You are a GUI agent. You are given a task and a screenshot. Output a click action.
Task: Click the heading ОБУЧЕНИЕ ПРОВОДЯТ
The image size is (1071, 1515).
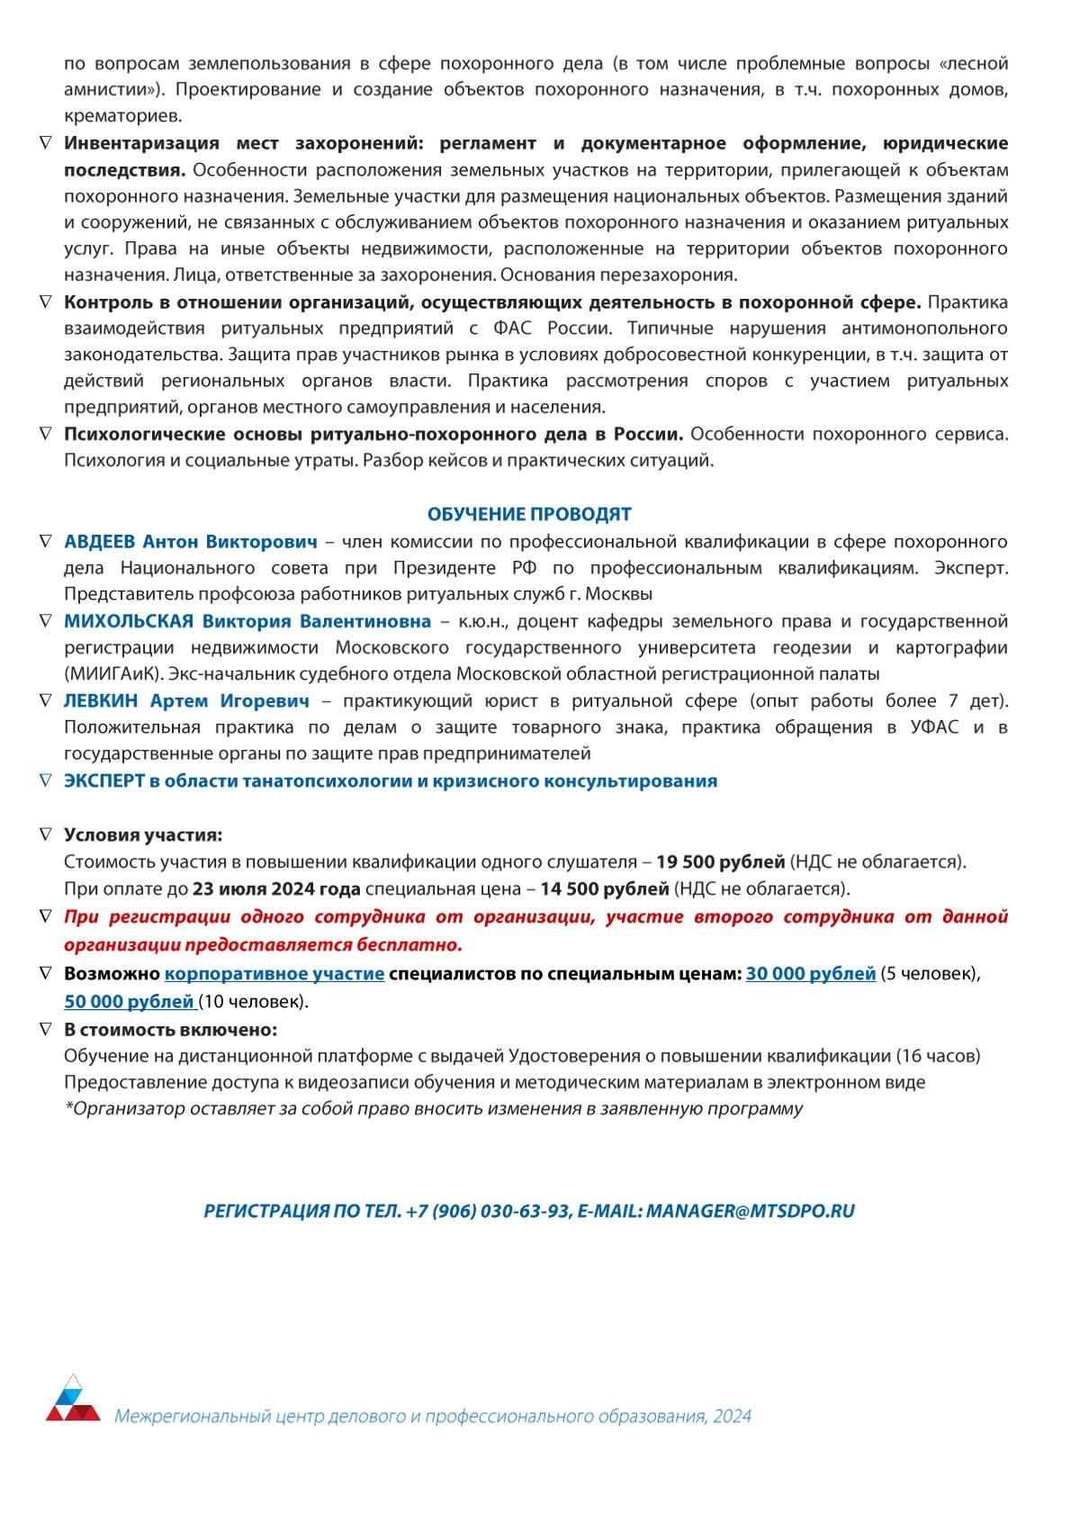[x=529, y=514]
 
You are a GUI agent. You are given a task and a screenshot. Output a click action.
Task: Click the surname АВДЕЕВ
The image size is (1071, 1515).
[x=100, y=542]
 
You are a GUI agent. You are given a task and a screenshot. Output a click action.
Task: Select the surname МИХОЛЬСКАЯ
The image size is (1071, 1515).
[x=129, y=621]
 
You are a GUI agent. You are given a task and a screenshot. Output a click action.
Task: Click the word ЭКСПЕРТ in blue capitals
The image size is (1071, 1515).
[x=104, y=781]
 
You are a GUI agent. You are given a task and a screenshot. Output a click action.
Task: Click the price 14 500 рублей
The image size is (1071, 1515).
[x=604, y=888]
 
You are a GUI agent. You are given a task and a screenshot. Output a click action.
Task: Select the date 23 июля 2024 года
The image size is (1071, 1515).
[x=276, y=888]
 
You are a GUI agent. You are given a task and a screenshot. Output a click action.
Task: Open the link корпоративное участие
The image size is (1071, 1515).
[x=274, y=973]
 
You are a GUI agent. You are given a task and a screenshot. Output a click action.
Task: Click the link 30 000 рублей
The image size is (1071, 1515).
[x=810, y=973]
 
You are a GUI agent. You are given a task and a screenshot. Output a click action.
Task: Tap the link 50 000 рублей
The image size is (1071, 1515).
[x=130, y=1001]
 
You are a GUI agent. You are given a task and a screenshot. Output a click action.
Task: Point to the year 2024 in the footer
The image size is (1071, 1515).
[x=732, y=1416]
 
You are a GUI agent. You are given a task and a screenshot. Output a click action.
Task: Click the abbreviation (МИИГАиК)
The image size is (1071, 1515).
[x=114, y=673]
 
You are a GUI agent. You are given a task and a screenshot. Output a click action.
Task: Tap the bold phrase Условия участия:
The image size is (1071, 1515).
[x=143, y=834]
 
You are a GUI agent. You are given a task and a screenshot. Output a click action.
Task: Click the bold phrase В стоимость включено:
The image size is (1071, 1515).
[x=170, y=1029]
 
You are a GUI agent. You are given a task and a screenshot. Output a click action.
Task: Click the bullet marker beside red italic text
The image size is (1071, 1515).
[x=46, y=916]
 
